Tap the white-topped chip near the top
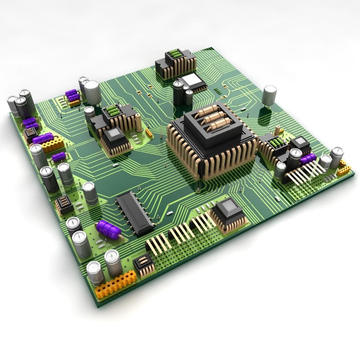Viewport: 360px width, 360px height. (x=193, y=81)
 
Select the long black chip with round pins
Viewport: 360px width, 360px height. (x=134, y=215)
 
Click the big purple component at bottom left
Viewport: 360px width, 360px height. (x=108, y=229)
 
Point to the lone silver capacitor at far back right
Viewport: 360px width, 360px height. (x=270, y=96)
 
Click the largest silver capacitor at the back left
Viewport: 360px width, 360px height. (x=92, y=93)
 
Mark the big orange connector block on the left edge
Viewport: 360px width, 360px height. (x=53, y=144)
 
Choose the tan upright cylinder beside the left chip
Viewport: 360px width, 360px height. (x=139, y=122)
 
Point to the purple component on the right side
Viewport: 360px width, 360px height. (x=308, y=158)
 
